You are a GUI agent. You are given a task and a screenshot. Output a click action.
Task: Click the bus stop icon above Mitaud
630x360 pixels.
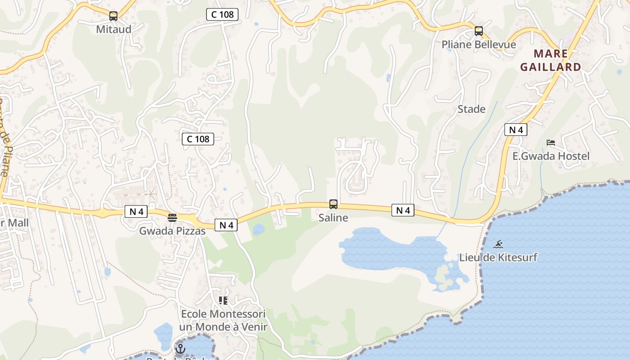113,16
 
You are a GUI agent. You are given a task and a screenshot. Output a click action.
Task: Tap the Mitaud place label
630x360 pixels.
113,30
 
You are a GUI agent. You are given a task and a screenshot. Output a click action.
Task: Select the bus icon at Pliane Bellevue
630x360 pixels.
479,31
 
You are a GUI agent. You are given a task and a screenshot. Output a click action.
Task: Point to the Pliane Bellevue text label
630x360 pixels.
478,45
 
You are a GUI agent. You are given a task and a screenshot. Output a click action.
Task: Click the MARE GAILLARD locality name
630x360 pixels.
550,60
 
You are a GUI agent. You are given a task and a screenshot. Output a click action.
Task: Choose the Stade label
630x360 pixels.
471,109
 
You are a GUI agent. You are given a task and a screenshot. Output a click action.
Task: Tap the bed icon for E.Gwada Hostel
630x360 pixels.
551,143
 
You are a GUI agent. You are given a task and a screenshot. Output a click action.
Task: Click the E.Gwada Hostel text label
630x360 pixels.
551,156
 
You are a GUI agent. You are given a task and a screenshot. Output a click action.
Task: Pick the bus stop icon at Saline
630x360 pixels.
333,204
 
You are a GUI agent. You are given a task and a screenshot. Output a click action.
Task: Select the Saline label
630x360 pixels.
333,218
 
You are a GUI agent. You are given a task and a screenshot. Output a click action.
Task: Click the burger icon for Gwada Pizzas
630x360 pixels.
172,218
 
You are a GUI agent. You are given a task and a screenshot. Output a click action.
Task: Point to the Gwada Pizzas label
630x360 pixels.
172,231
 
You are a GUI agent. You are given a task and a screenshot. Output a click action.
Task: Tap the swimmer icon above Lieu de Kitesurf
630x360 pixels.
498,244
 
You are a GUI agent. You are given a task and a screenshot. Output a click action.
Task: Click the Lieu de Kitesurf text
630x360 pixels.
498,258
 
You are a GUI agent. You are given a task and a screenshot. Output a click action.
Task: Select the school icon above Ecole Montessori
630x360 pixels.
223,300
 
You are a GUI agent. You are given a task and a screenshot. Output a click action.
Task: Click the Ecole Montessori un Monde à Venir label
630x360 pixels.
223,320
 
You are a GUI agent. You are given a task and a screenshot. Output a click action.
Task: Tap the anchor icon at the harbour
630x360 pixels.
180,348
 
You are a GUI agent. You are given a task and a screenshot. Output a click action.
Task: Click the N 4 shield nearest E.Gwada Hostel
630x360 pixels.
515,130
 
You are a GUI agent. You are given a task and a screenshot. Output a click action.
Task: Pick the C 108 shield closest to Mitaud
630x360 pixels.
222,14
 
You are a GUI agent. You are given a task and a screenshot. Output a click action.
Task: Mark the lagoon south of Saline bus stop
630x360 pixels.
387,250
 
